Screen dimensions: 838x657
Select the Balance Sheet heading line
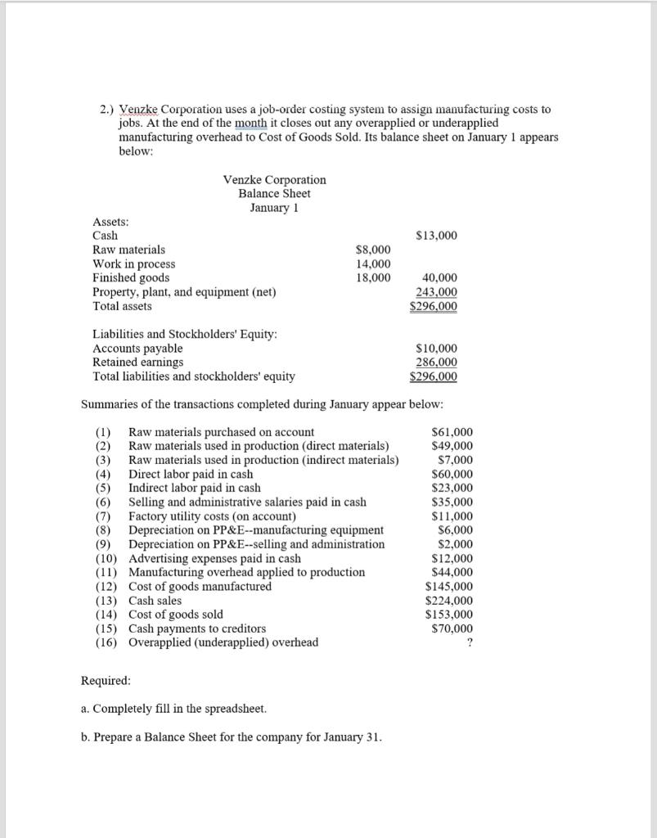274,193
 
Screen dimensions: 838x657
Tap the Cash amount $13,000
437,236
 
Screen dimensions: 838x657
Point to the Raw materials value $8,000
373,250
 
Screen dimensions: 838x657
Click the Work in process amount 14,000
373,264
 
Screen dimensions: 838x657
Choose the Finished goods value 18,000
373,278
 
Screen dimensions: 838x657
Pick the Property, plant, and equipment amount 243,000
438,292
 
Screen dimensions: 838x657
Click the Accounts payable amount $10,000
437,349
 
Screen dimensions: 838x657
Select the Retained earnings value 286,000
438,363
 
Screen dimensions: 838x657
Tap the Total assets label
122,306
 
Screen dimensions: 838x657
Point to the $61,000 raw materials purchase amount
452,432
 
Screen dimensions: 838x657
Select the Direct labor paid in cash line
191,474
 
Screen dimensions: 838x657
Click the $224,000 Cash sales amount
449,601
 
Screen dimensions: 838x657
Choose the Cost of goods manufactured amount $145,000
449,586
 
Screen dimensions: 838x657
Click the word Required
106,680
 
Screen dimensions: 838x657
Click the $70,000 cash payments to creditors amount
452,628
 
